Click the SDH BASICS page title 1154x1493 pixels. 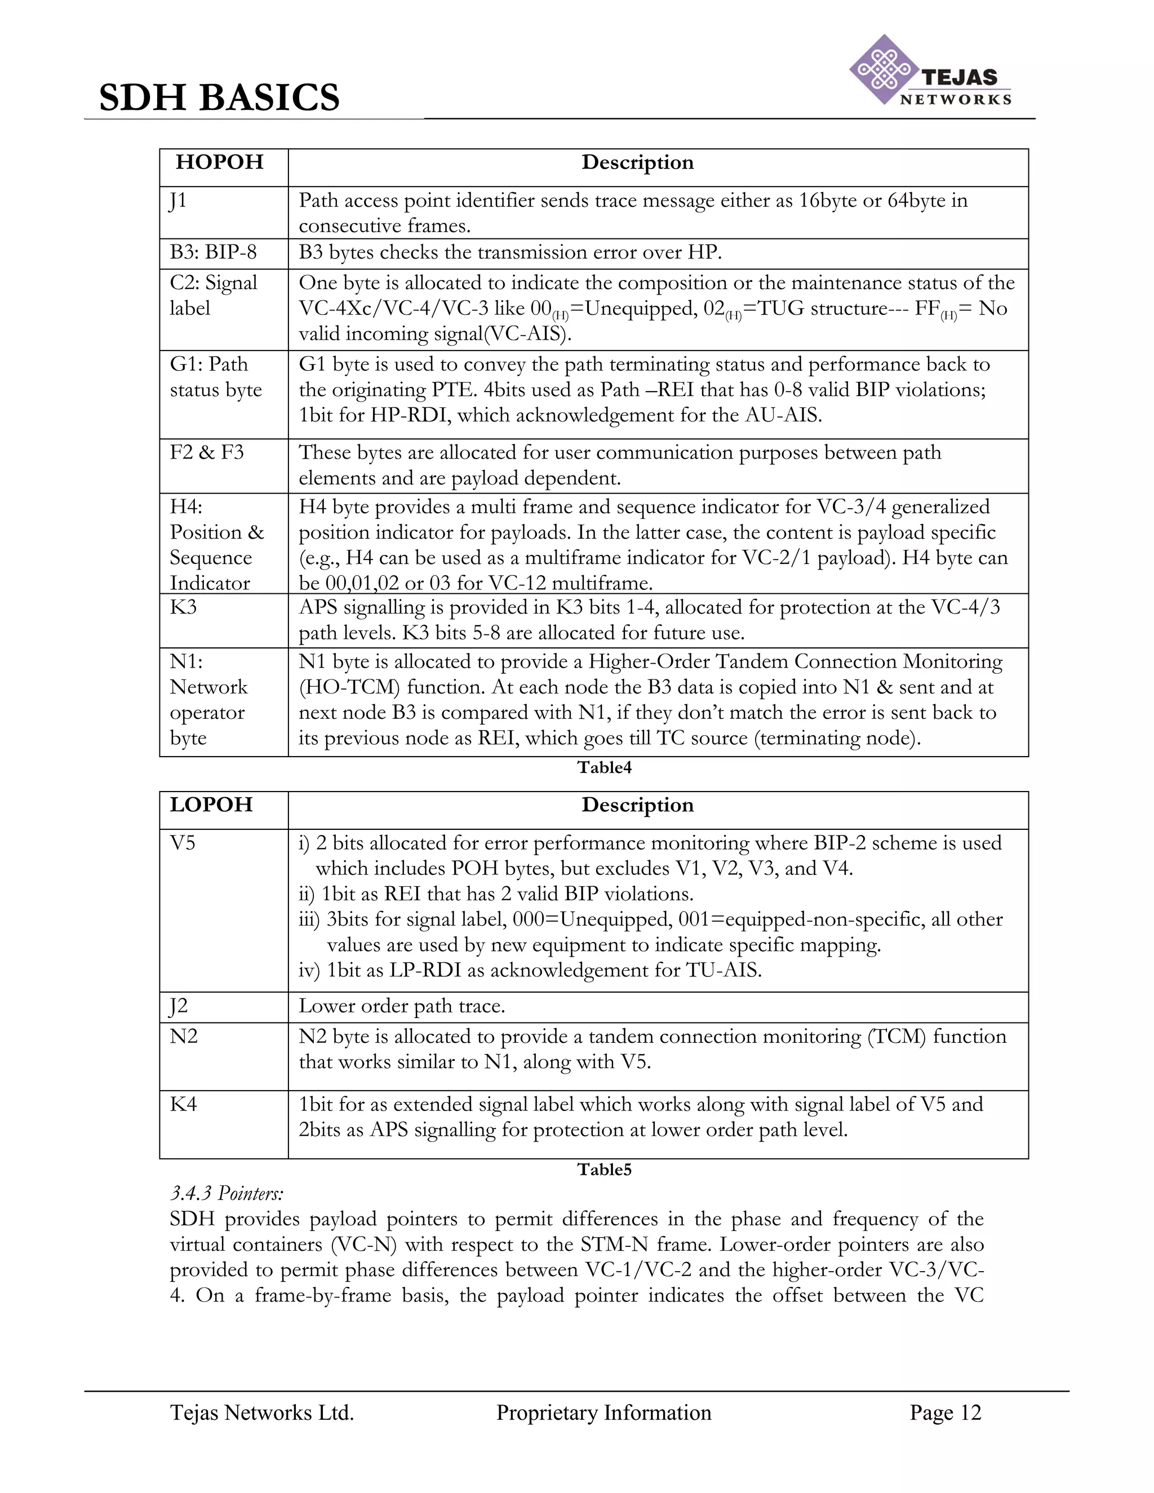click(x=219, y=97)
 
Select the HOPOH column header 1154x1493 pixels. click(x=219, y=162)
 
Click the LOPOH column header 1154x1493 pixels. click(x=211, y=805)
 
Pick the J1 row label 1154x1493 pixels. click(x=177, y=201)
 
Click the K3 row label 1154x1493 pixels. click(x=183, y=607)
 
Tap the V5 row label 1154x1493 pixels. click(x=183, y=843)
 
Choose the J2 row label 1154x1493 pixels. click(x=179, y=1006)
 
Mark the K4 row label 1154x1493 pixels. click(x=183, y=1104)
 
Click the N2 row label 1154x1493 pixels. click(x=184, y=1036)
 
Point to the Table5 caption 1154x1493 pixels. click(x=605, y=1169)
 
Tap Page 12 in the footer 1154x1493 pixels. click(x=945, y=1412)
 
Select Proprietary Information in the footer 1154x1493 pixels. click(x=603, y=1412)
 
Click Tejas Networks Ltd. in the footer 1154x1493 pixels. click(x=262, y=1412)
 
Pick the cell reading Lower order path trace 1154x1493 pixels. click(x=402, y=1006)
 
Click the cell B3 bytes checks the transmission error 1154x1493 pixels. click(x=510, y=253)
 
